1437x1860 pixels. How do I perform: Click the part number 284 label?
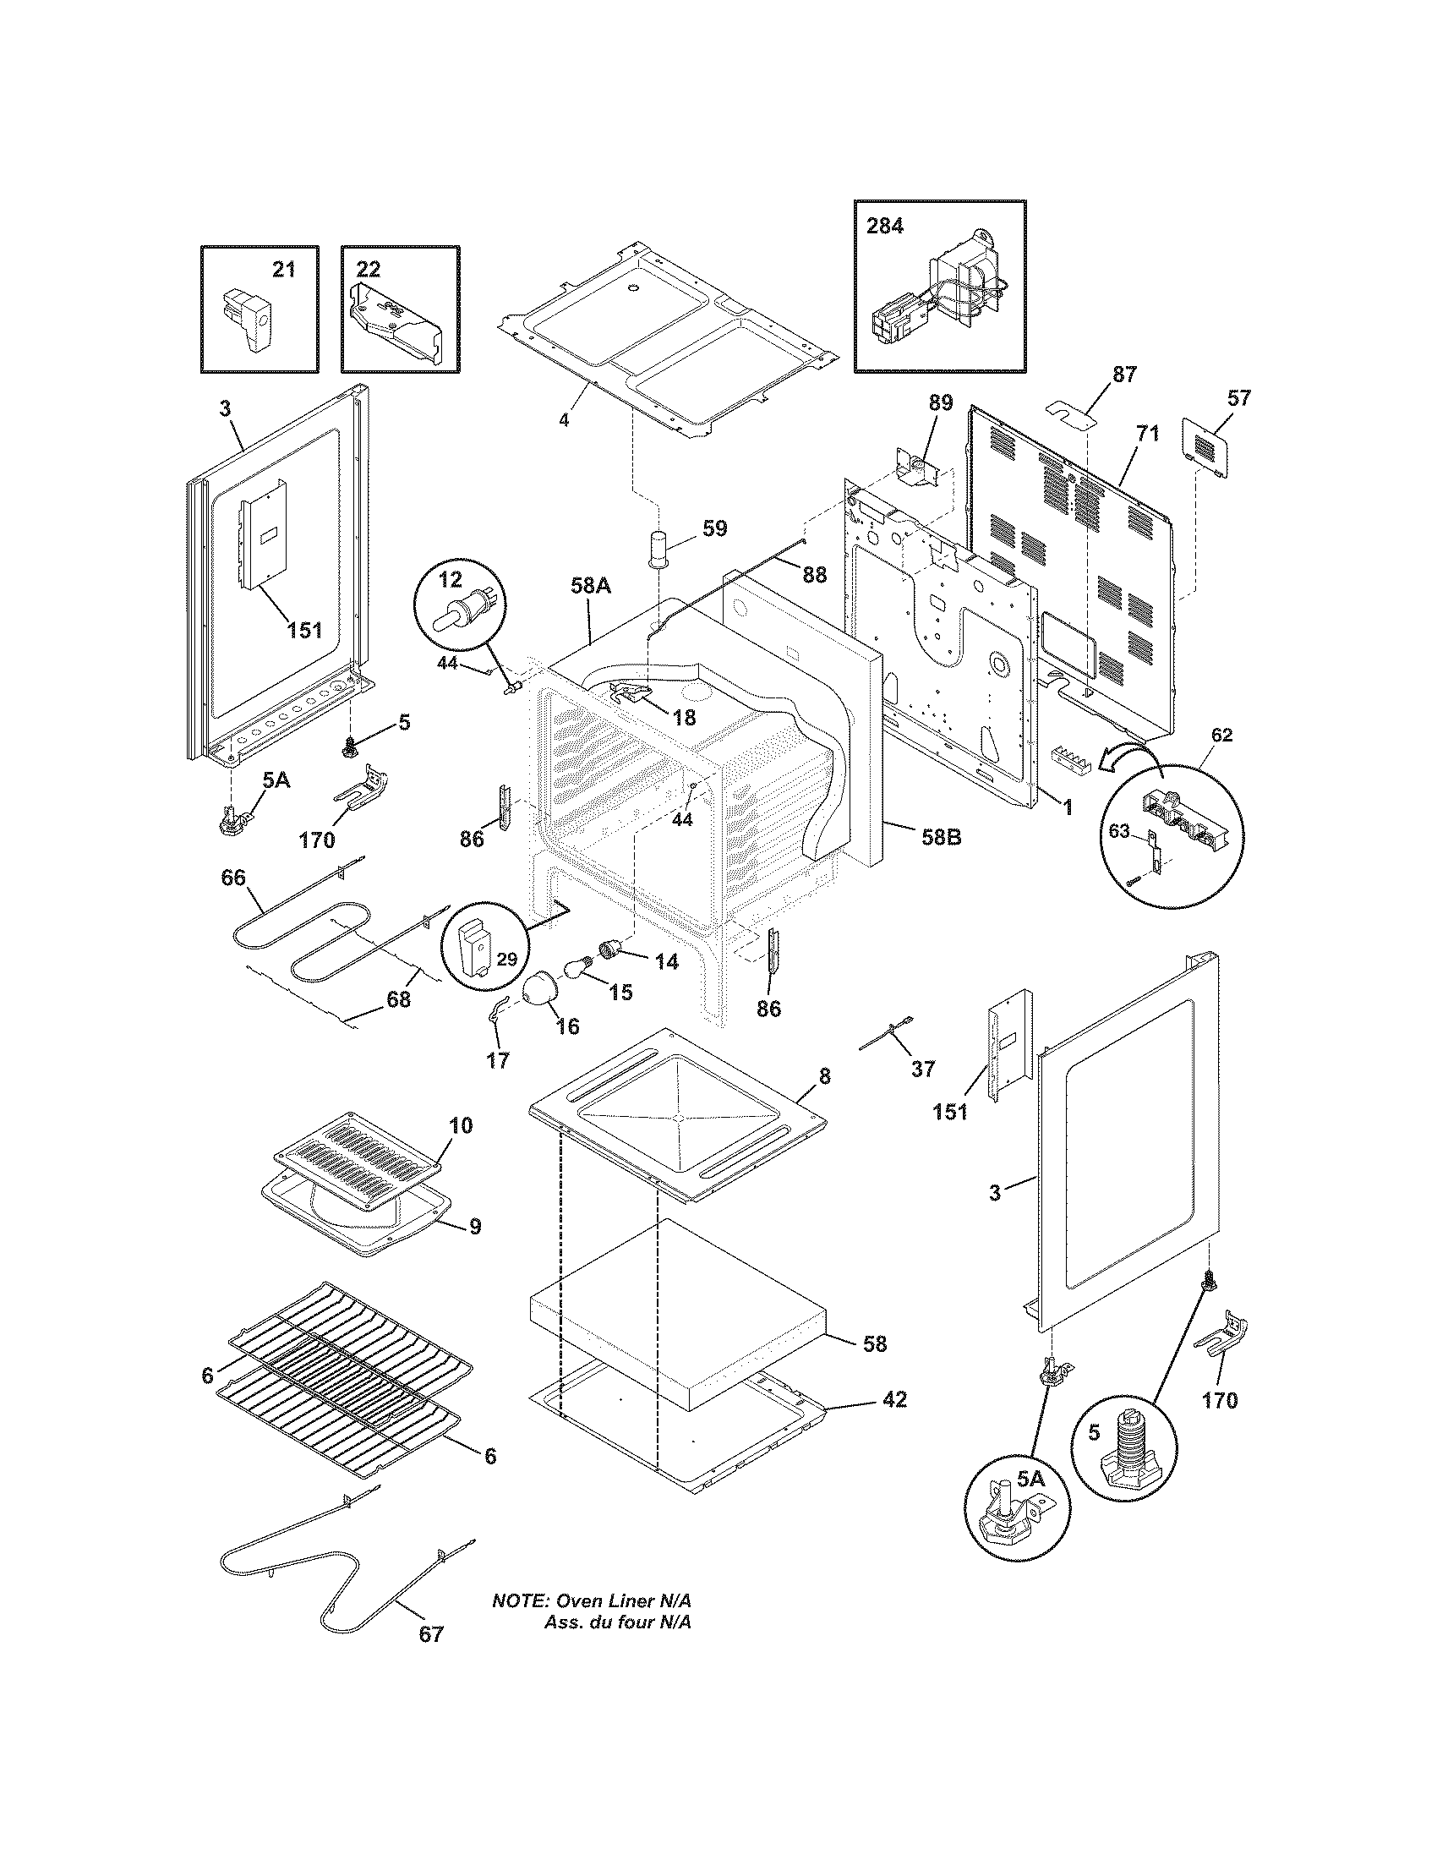885,227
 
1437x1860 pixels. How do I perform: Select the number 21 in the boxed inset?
283,269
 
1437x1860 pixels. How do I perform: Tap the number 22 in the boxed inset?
368,269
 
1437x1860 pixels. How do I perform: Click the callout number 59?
715,528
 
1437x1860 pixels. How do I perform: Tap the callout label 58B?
941,837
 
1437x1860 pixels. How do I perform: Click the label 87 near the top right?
1123,374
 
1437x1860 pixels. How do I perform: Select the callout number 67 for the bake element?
432,1634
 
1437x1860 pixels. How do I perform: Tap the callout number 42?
893,1399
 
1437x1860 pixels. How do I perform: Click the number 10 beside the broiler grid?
460,1126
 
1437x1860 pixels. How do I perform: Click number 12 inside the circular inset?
451,580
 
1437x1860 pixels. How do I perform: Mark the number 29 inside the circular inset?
506,959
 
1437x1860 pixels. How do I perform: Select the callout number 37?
923,1069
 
